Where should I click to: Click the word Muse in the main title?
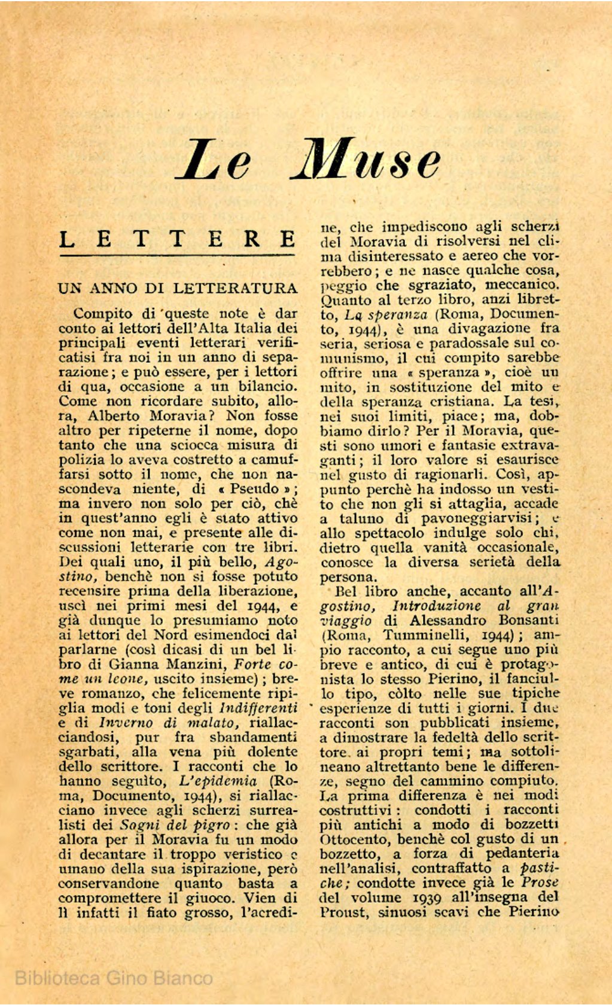(x=366, y=160)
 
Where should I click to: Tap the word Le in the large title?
(x=214, y=160)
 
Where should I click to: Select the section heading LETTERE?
(x=178, y=239)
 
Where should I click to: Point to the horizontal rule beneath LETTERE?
(x=178, y=256)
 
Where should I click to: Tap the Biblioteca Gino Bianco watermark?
(x=114, y=978)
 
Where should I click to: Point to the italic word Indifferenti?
(x=258, y=708)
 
